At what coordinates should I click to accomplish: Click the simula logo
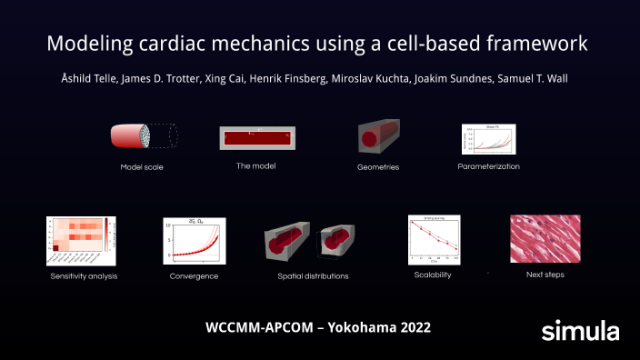pyautogui.click(x=580, y=330)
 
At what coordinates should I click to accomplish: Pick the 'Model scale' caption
pyautogui.click(x=143, y=167)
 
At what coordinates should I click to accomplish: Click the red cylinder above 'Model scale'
pyautogui.click(x=135, y=136)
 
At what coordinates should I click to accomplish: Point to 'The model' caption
pyautogui.click(x=255, y=165)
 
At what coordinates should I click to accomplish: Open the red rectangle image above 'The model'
pyautogui.click(x=258, y=138)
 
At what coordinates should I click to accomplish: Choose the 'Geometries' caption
pyautogui.click(x=377, y=167)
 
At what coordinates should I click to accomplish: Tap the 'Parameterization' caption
pyautogui.click(x=489, y=166)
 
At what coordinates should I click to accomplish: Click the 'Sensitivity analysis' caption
pyautogui.click(x=85, y=275)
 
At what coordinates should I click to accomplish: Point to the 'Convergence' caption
pyautogui.click(x=192, y=275)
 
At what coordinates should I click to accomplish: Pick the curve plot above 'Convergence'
pyautogui.click(x=193, y=240)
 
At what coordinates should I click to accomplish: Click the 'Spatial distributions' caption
pyautogui.click(x=313, y=275)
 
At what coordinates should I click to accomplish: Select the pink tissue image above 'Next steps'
pyautogui.click(x=545, y=238)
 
